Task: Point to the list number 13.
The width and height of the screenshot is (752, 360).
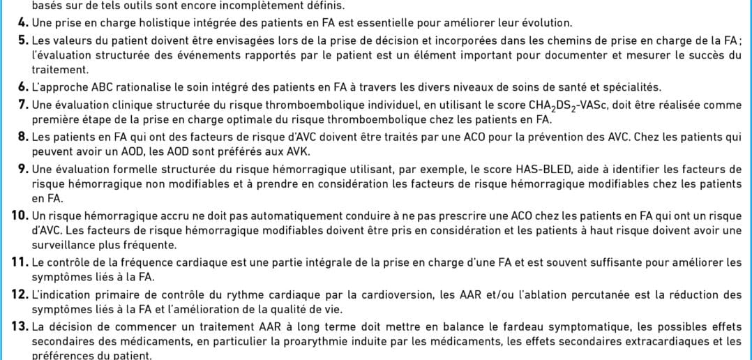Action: click(x=20, y=325)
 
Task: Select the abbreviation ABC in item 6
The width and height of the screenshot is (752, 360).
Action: click(x=86, y=87)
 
